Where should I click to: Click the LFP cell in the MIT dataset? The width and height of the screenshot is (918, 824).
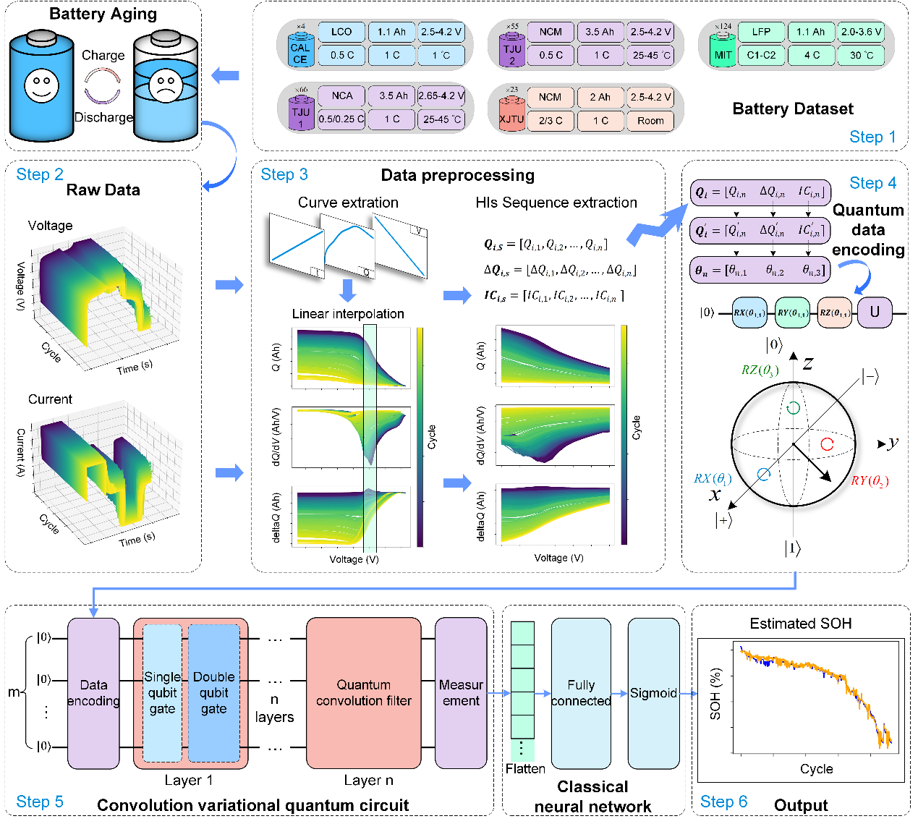(x=760, y=32)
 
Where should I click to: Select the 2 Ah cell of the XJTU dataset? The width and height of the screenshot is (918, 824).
(x=600, y=97)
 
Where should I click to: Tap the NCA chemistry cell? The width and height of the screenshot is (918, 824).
(x=342, y=95)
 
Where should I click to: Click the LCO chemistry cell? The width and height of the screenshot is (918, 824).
(x=341, y=32)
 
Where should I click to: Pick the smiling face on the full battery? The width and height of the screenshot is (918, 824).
(x=41, y=86)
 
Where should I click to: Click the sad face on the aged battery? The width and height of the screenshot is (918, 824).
(x=165, y=87)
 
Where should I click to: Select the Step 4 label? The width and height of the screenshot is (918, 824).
(x=872, y=183)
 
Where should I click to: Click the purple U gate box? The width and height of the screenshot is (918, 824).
(x=875, y=313)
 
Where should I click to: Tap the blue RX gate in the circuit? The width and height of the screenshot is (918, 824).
(x=749, y=313)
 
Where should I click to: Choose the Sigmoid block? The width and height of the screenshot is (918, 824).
(x=653, y=693)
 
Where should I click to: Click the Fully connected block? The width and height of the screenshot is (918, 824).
(x=581, y=693)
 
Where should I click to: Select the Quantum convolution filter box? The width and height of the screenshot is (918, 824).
(x=363, y=693)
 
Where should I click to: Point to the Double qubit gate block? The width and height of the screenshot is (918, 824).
(x=213, y=693)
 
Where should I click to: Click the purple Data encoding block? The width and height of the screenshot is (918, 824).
(x=93, y=693)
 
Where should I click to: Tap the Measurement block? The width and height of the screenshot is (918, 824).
(x=461, y=693)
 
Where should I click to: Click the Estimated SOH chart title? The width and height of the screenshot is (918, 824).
(x=800, y=624)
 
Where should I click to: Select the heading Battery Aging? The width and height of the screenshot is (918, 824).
(x=103, y=14)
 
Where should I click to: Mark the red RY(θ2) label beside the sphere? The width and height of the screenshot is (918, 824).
(x=869, y=481)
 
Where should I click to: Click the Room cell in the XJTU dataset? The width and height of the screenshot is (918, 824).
(x=650, y=121)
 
